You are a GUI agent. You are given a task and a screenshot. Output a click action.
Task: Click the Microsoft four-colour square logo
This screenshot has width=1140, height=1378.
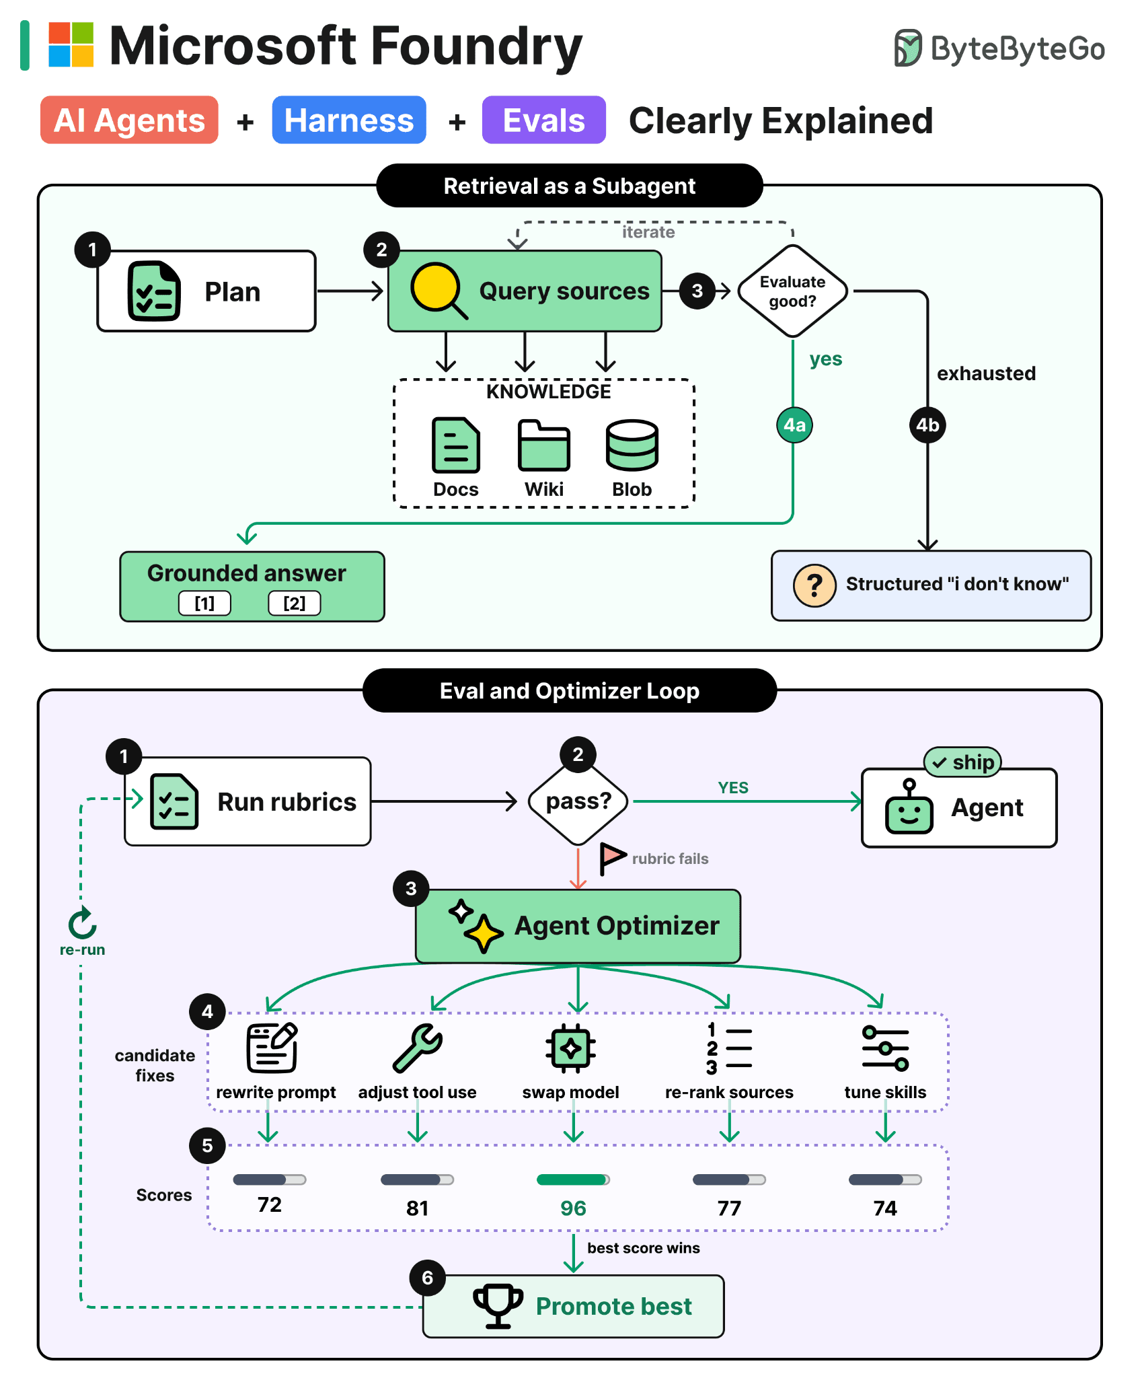[71, 45]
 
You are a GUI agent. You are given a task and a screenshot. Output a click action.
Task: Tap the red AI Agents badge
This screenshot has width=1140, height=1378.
[129, 120]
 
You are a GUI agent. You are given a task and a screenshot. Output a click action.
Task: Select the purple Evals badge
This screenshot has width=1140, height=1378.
[543, 120]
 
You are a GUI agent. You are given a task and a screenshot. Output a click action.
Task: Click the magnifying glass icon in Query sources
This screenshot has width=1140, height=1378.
[439, 290]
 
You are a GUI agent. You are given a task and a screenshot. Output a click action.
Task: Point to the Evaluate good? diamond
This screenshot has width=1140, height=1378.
[793, 291]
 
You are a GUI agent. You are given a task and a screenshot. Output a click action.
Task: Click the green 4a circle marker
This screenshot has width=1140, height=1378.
[794, 425]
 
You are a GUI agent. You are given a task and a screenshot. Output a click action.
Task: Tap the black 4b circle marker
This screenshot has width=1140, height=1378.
[927, 425]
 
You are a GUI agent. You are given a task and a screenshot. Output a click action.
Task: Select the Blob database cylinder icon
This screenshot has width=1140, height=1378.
[632, 445]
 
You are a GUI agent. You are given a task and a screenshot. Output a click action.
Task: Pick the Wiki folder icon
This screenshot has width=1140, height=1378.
[543, 445]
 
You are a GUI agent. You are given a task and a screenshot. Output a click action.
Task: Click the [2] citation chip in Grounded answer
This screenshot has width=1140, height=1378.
[295, 603]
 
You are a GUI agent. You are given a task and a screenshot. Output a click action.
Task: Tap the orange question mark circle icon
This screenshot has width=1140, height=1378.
[814, 585]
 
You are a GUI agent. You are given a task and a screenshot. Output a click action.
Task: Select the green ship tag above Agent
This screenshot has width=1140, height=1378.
[963, 762]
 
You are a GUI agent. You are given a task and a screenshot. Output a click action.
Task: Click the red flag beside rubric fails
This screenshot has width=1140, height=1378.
[612, 859]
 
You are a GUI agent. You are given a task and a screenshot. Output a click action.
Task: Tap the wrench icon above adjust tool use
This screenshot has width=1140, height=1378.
[418, 1048]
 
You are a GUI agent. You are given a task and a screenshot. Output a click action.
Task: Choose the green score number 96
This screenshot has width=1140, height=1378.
[573, 1208]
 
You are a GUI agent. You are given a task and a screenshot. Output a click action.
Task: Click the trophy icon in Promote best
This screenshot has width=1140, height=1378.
[498, 1305]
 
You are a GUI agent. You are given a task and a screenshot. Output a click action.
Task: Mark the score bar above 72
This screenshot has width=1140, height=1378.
[270, 1180]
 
